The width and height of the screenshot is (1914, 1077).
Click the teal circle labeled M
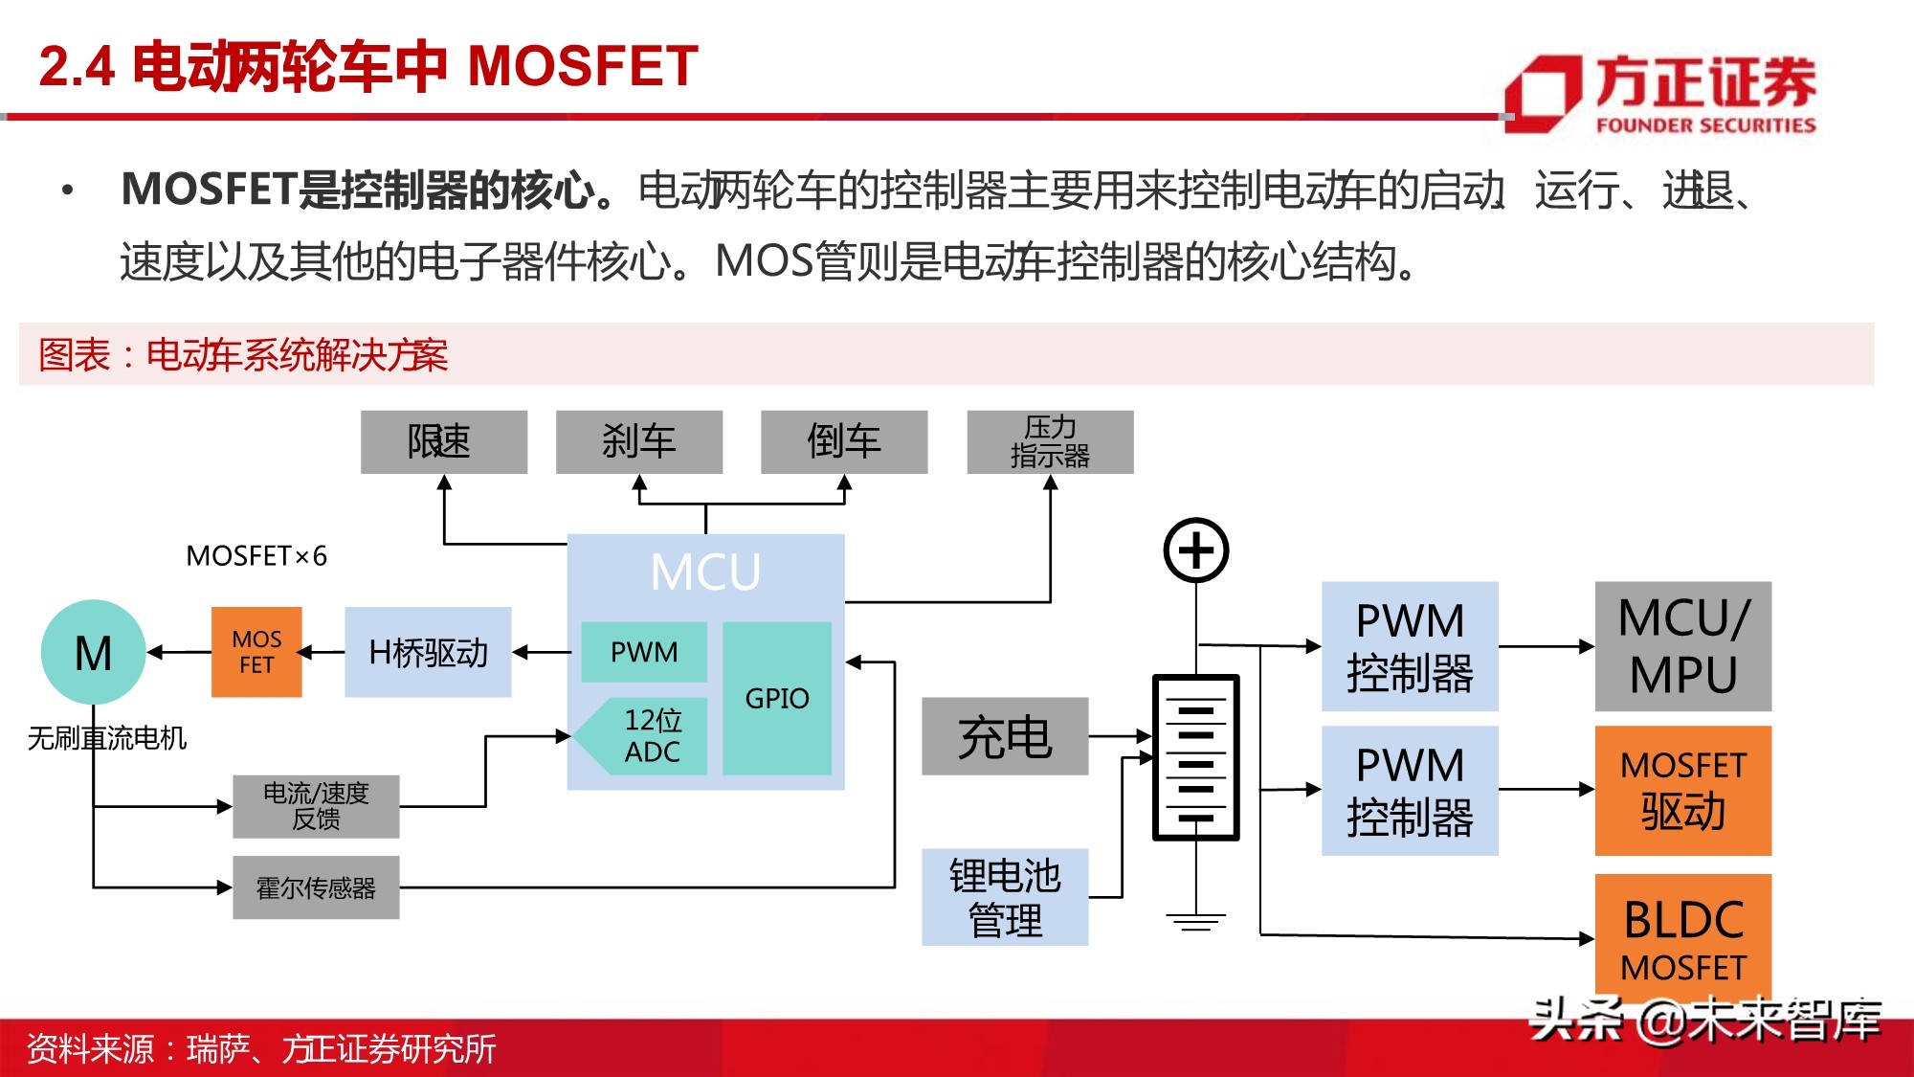coord(93,653)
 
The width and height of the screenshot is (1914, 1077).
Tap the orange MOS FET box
coord(256,652)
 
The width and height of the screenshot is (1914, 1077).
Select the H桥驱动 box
coord(428,652)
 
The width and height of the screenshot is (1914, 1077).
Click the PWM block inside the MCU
coord(644,652)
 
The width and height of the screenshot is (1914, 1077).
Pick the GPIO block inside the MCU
coord(777,698)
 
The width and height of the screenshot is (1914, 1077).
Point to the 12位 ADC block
coord(653,735)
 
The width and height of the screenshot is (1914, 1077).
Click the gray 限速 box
coord(443,441)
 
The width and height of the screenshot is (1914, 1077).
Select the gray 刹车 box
coord(638,441)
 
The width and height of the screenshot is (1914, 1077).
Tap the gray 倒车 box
coord(843,441)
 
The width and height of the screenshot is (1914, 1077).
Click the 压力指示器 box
coord(1050,441)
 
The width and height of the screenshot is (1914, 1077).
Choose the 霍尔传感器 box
coord(316,887)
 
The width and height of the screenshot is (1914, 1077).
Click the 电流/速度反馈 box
coord(316,806)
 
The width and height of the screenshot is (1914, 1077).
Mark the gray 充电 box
coord(1005,736)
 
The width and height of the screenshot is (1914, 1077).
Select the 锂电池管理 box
coord(1005,897)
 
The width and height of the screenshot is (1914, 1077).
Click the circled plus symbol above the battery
coord(1195,550)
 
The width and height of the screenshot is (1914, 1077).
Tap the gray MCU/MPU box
coord(1682,646)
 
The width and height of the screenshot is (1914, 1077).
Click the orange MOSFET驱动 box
coord(1682,790)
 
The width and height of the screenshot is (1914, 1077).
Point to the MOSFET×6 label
coord(256,555)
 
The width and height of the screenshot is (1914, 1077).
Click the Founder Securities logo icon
coord(1543,93)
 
